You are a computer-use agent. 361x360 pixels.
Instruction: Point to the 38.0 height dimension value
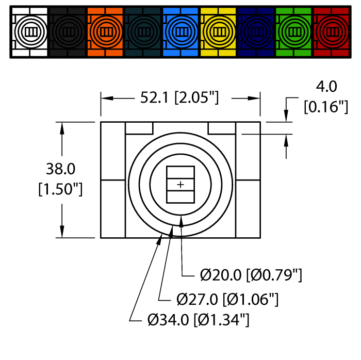coord(60,169)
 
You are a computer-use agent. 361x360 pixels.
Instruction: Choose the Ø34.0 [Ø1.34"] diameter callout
coord(199,320)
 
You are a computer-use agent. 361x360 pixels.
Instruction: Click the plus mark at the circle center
coord(180,184)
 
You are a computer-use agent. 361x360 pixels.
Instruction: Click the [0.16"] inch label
coord(325,107)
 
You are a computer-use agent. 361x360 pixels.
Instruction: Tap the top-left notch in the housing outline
coord(139,128)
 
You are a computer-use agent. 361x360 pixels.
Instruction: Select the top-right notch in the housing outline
coord(222,128)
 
